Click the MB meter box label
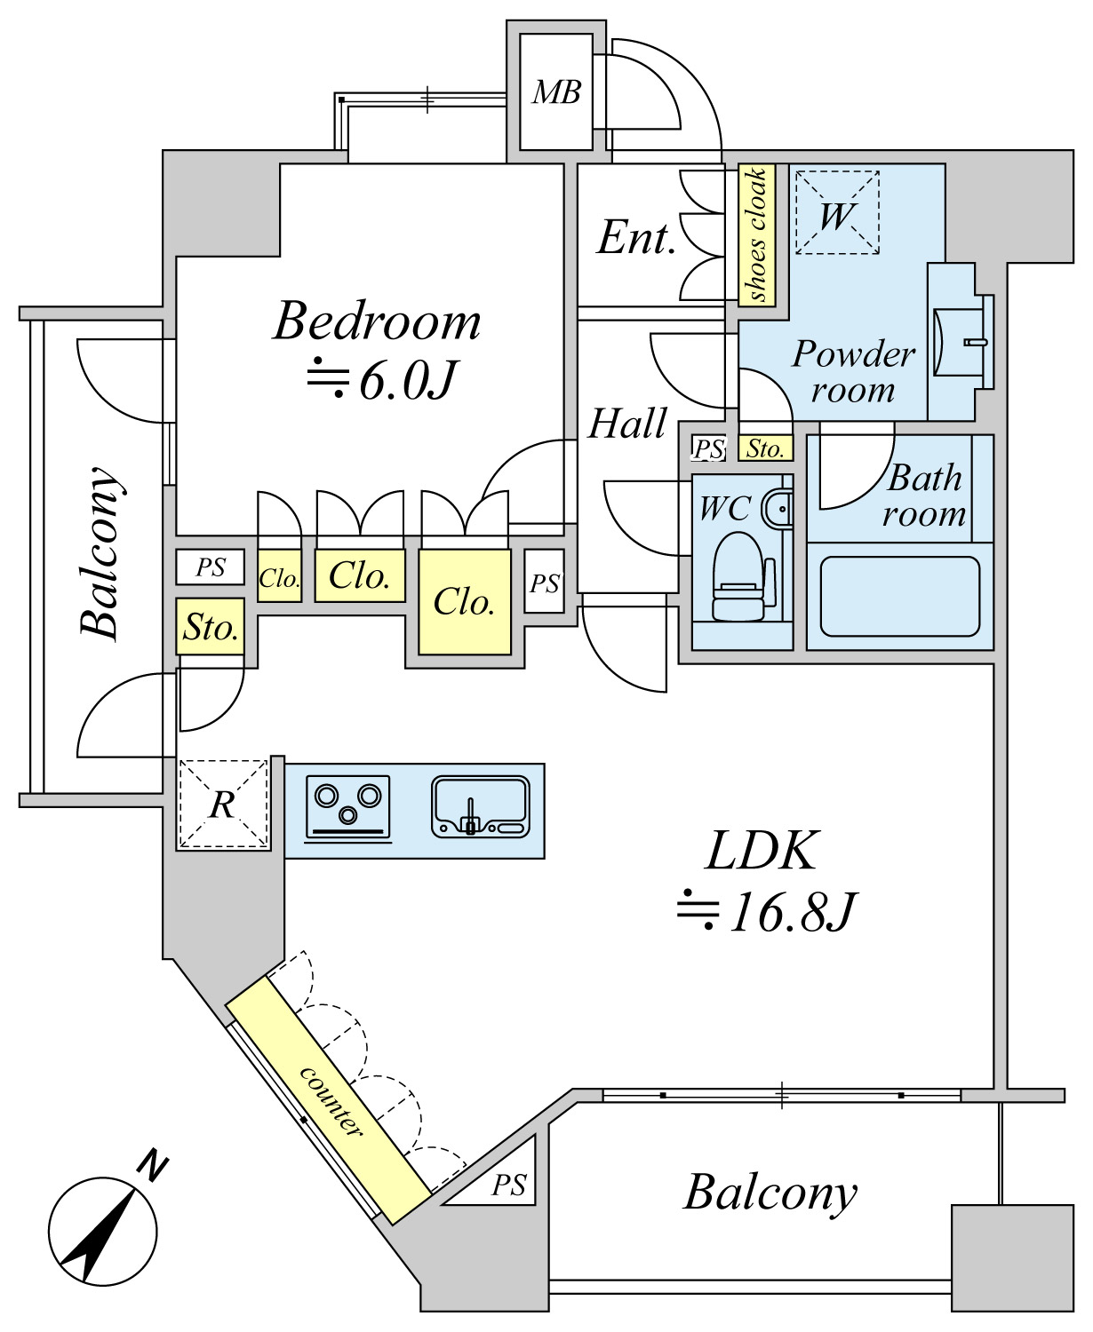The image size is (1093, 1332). point(556,92)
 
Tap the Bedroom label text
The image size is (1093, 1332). point(377,321)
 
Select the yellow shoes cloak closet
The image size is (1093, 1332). point(757,234)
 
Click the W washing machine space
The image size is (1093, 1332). point(837,213)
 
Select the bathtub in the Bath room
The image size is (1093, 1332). point(899,596)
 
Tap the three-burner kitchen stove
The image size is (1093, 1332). point(348,806)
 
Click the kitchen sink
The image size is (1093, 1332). point(480,806)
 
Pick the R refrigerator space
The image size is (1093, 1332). point(223,805)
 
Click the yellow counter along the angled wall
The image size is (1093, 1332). point(329,1099)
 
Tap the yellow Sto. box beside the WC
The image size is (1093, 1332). point(765,448)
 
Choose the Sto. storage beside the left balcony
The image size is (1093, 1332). point(211,628)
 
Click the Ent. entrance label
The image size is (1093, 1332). point(636,238)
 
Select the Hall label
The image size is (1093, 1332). point(627,424)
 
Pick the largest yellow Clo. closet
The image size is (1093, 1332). point(464,602)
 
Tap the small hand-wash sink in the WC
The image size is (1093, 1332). point(779,510)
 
